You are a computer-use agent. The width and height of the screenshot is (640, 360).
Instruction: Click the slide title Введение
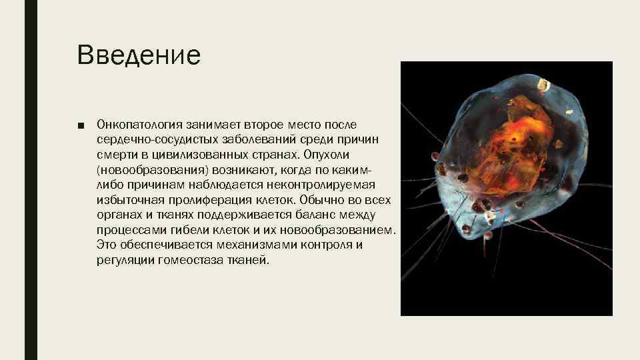point(139,55)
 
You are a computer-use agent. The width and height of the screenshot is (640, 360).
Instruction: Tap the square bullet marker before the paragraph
point(80,125)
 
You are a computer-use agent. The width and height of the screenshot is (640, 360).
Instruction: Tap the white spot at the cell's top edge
point(544,85)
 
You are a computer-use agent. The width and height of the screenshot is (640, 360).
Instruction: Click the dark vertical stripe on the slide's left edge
point(31,180)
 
